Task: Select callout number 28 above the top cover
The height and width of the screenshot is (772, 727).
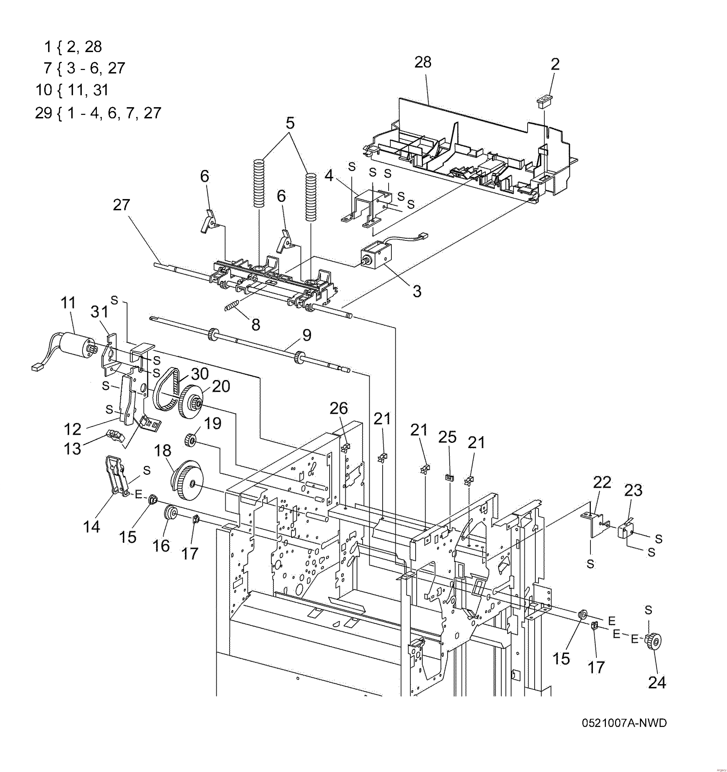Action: click(x=423, y=62)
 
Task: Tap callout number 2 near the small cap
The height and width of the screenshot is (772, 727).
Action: click(x=555, y=65)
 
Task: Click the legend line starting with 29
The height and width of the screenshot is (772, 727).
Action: click(x=98, y=113)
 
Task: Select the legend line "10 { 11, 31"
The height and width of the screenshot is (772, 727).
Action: click(x=72, y=90)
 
